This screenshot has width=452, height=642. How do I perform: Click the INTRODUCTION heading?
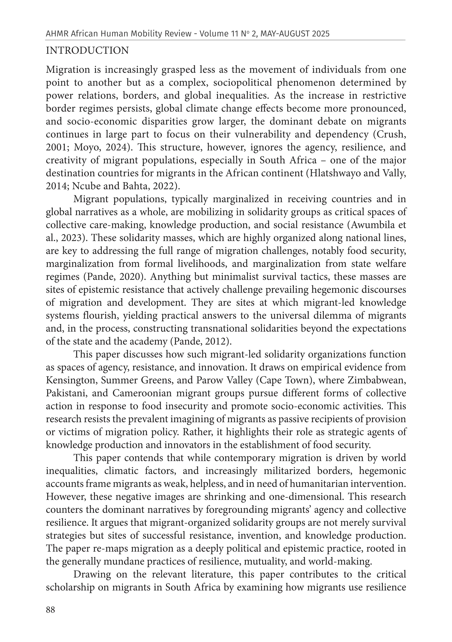[87, 51]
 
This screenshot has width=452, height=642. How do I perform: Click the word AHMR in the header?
[57, 34]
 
